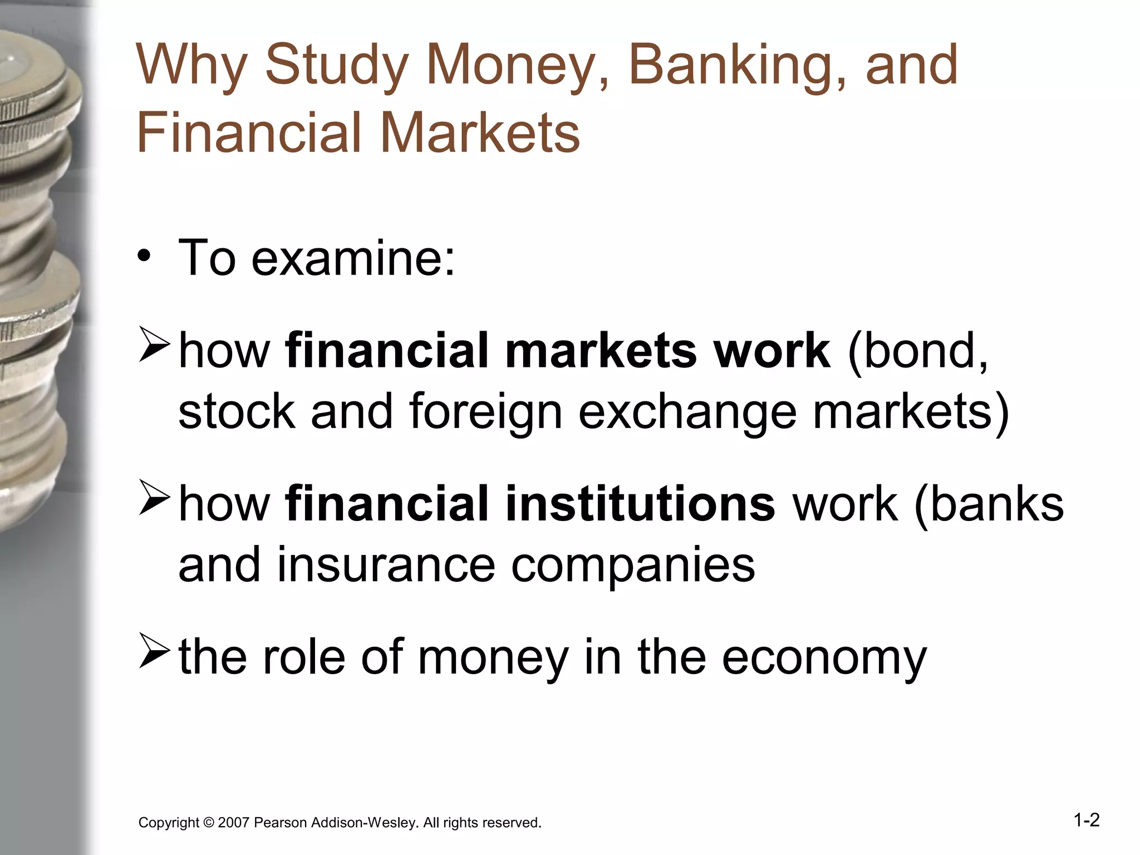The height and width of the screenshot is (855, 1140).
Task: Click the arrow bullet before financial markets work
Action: pyautogui.click(x=154, y=345)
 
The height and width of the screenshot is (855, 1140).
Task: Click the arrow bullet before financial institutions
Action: pyautogui.click(x=154, y=498)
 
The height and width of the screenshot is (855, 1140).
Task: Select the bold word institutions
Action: pyautogui.click(x=640, y=504)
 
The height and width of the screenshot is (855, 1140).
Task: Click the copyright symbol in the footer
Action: pyautogui.click(x=209, y=823)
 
